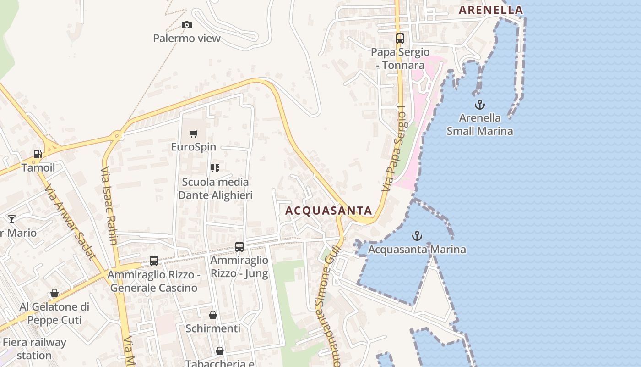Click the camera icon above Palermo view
point(186,25)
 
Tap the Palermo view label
point(187,38)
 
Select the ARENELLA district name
point(491,10)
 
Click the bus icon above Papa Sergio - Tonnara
point(400,39)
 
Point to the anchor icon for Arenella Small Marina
point(479,105)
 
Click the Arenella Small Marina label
point(480,124)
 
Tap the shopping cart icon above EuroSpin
point(194,134)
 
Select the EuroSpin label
point(193,147)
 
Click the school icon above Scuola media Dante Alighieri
point(215,168)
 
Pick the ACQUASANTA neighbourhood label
point(329,211)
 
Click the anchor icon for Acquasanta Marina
point(417,236)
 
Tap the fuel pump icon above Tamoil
point(38,154)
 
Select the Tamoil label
point(38,167)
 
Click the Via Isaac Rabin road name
point(109,206)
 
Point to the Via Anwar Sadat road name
point(70,222)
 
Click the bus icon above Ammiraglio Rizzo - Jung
point(239,247)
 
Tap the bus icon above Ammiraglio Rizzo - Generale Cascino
point(154,261)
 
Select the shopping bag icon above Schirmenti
point(213,315)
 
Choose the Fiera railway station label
point(34,349)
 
